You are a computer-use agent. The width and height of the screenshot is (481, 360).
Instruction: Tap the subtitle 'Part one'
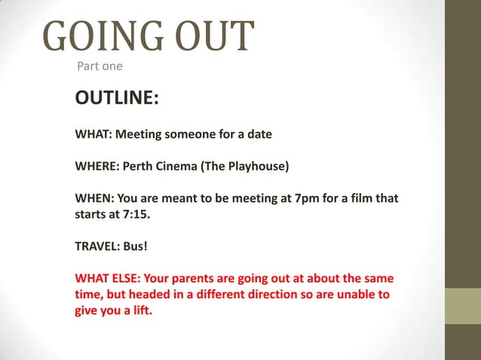click(x=100, y=67)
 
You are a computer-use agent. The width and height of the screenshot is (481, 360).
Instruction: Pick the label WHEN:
click(x=93, y=198)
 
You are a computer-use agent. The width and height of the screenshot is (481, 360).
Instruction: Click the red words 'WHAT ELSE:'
click(x=109, y=278)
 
